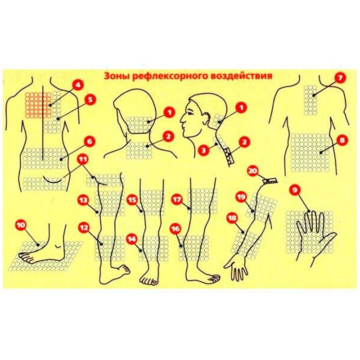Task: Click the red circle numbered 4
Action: [x=78, y=85]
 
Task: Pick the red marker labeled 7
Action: [x=340, y=78]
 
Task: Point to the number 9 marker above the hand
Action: [x=295, y=190]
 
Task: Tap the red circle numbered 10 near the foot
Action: [x=21, y=225]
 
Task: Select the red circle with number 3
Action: [x=204, y=151]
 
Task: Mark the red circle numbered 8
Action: [x=342, y=140]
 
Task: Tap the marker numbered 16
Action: [x=175, y=229]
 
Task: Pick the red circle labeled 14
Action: [x=132, y=239]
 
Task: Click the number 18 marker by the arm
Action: [x=232, y=218]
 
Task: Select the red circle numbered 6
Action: [x=90, y=142]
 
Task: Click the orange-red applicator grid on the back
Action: [x=38, y=105]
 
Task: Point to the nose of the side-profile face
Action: [x=182, y=120]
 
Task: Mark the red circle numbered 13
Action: [x=83, y=200]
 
